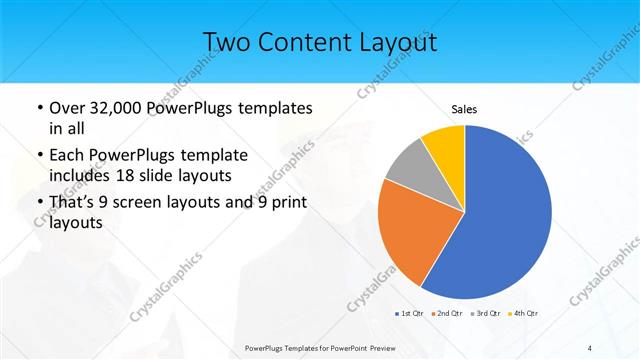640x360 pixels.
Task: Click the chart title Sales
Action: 465,108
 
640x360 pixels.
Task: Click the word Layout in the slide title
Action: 385,43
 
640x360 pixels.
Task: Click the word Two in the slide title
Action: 228,43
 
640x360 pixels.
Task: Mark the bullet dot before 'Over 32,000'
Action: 38,108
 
